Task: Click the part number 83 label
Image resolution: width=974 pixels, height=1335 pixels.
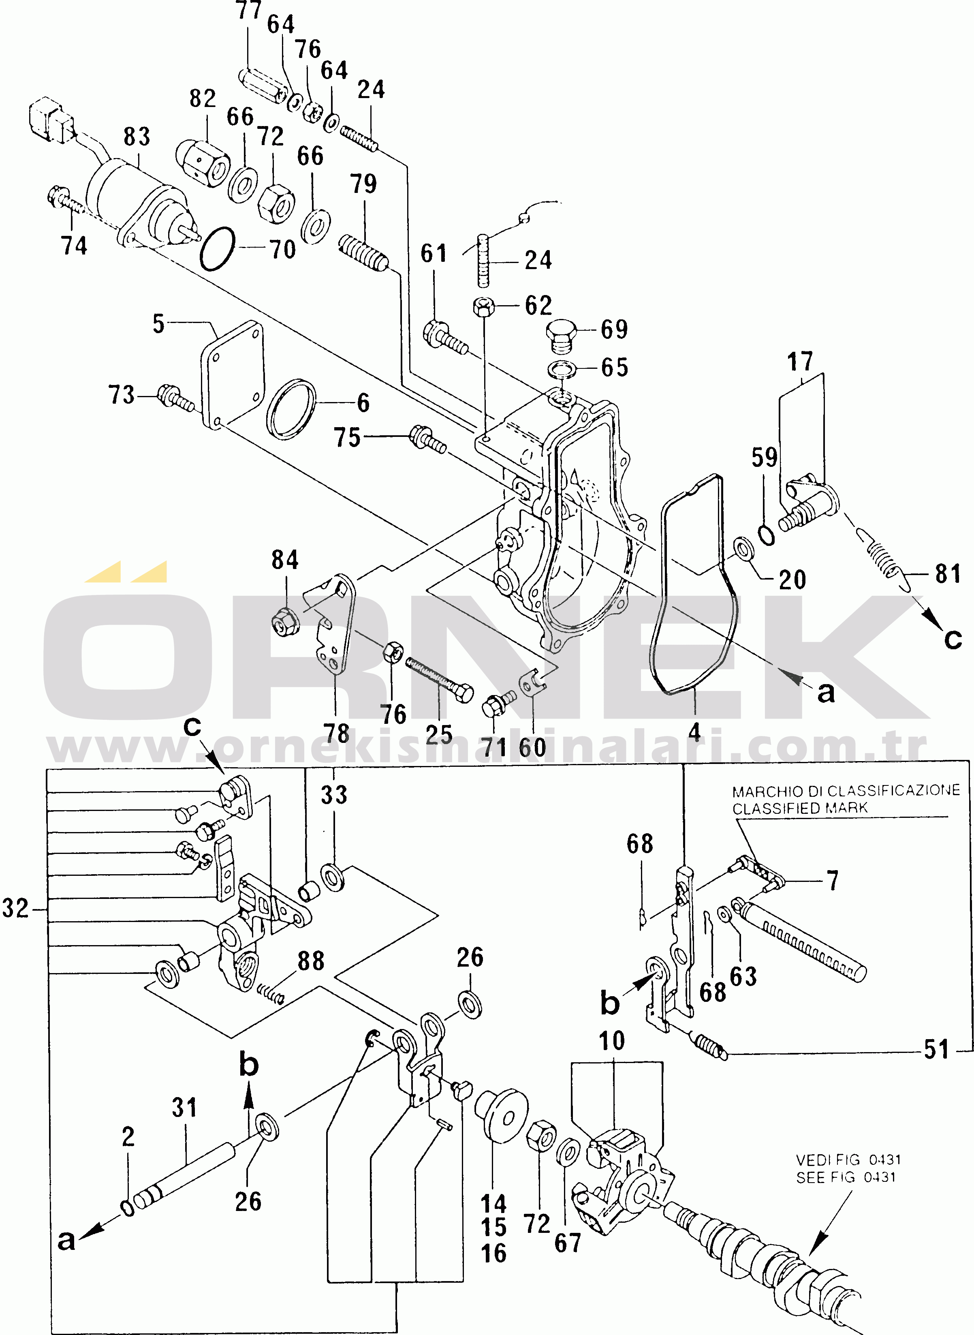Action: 137,137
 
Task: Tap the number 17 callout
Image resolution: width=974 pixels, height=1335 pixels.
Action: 800,362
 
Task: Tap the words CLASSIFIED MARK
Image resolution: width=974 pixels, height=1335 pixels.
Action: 799,809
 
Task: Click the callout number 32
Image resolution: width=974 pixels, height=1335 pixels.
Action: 15,909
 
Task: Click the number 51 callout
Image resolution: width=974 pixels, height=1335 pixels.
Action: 936,1050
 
